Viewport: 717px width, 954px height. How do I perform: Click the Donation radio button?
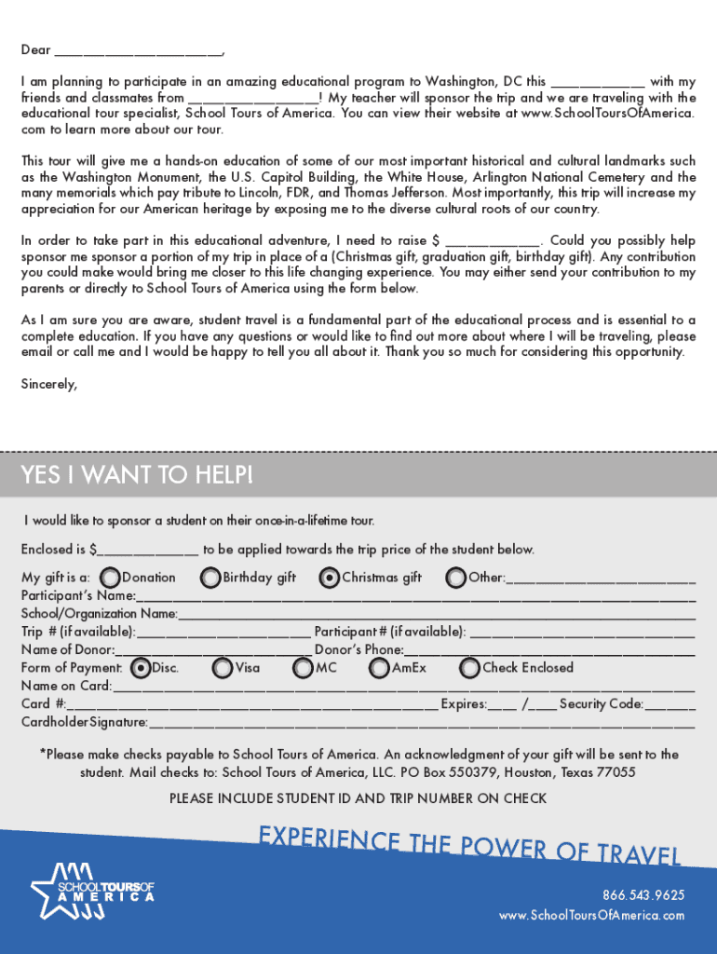click(110, 579)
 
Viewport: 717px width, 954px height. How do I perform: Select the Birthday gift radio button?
click(211, 579)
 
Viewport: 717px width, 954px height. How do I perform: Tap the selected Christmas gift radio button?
click(329, 579)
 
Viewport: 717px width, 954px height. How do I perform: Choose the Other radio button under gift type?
click(456, 579)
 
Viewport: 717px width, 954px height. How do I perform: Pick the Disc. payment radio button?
click(141, 668)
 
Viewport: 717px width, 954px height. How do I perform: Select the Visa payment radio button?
click(223, 668)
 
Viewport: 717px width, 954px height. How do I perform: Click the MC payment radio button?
click(303, 668)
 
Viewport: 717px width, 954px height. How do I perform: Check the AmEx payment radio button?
click(379, 668)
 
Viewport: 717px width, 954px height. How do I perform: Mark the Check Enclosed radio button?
click(469, 668)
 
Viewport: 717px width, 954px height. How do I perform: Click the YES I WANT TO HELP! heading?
click(137, 476)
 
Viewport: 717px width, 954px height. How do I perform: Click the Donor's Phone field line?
click(549, 650)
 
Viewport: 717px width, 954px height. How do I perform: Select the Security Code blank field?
click(670, 705)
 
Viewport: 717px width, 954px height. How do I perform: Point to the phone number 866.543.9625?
click(643, 895)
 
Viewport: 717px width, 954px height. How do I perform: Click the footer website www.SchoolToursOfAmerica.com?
click(592, 916)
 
